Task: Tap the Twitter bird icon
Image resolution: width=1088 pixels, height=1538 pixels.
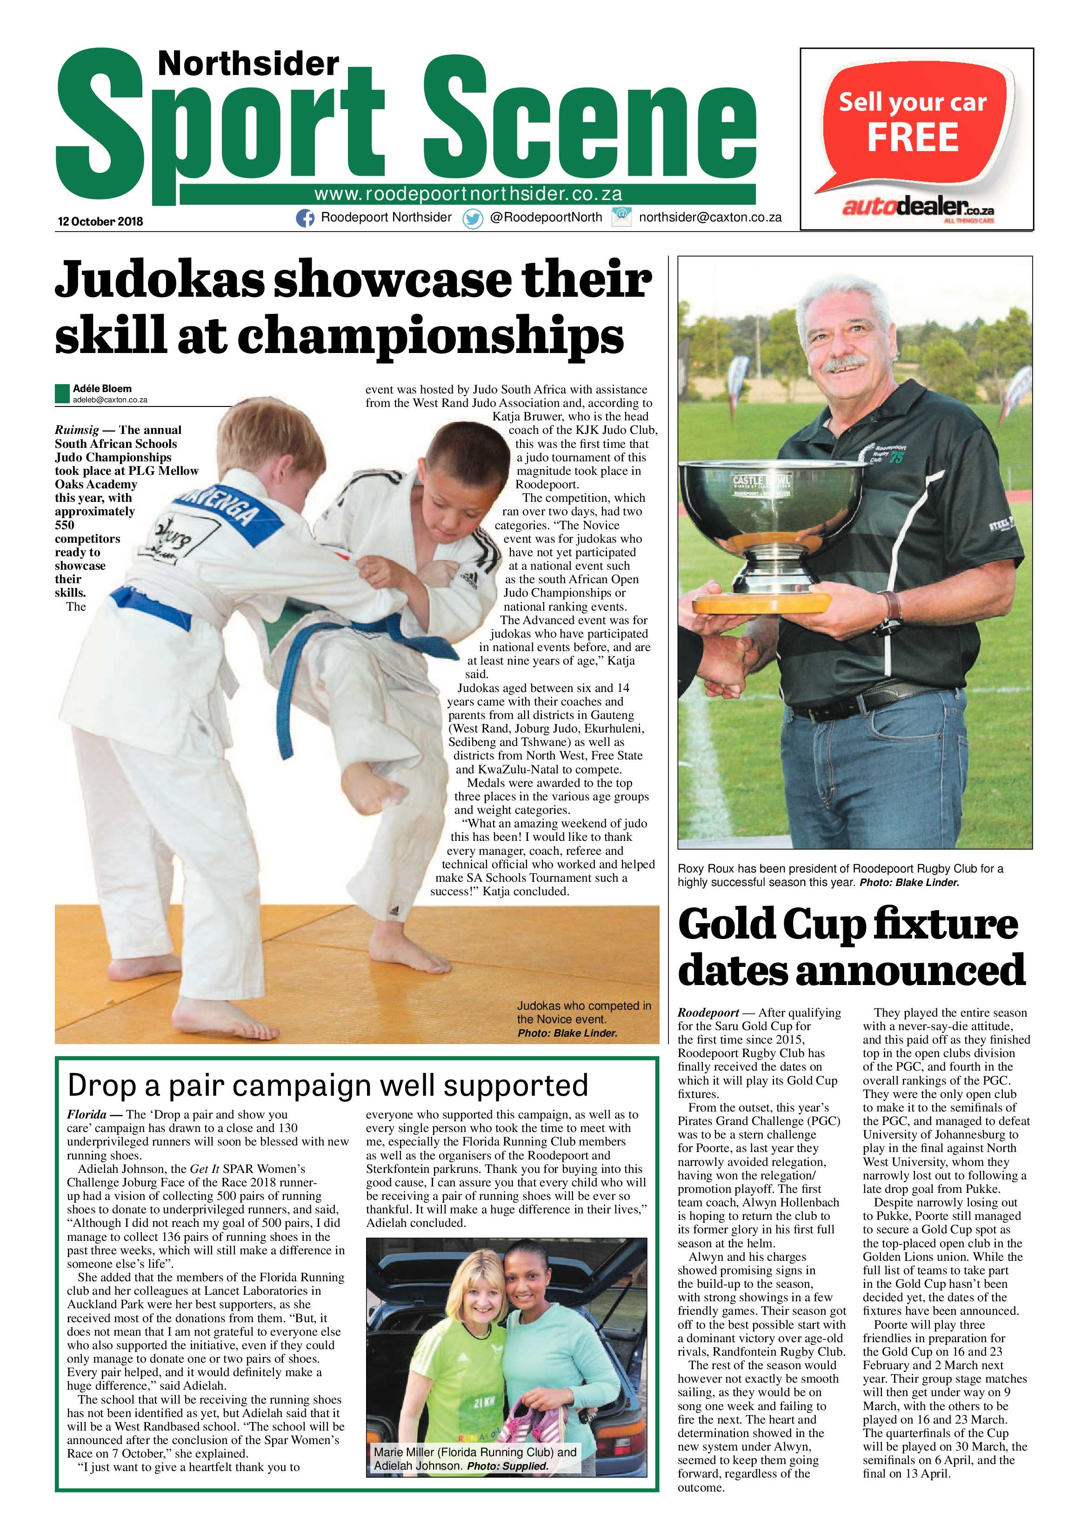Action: pos(473,219)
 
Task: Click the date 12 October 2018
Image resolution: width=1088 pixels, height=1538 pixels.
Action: pos(100,221)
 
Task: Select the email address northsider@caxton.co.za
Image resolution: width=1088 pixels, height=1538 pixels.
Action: pos(710,217)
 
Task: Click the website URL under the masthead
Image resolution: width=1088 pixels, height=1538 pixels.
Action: pos(468,194)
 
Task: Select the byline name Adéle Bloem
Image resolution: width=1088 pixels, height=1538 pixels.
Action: pos(102,388)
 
